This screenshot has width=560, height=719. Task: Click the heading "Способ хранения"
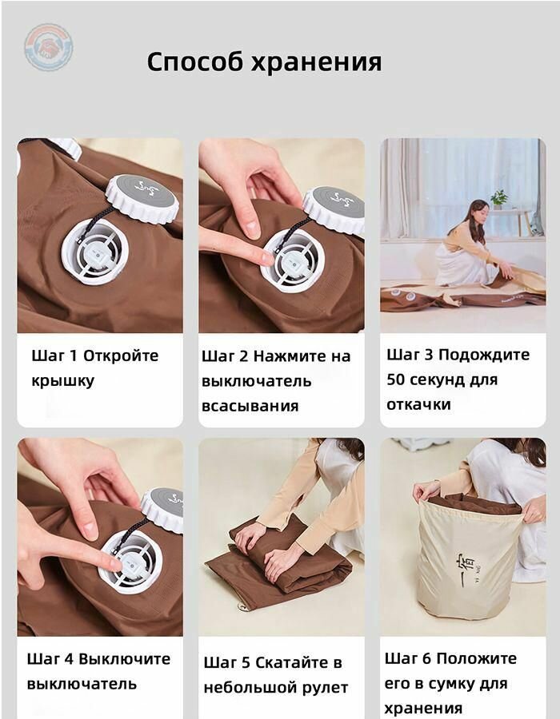(x=264, y=62)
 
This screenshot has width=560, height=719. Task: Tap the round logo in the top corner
(x=48, y=47)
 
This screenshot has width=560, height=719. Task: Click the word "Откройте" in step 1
(x=121, y=356)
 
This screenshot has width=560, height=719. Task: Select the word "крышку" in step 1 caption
(x=63, y=380)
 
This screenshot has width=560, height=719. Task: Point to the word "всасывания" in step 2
(x=250, y=406)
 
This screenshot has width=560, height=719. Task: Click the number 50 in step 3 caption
(x=398, y=379)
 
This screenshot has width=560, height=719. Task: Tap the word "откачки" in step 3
(x=418, y=404)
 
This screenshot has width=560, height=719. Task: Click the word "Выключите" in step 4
(x=124, y=659)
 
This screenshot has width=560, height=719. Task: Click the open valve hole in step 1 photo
(x=94, y=252)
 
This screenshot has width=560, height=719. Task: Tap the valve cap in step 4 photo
(x=163, y=509)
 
